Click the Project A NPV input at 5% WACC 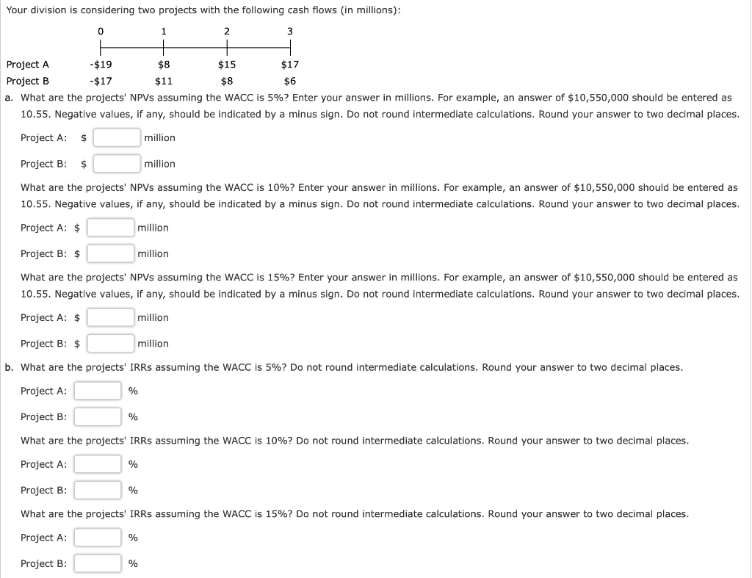pos(117,137)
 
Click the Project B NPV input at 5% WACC pos(117,164)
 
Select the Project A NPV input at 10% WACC pos(110,228)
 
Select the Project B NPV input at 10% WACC pos(110,253)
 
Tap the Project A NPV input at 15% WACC pos(110,317)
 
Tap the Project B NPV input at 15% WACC pos(110,343)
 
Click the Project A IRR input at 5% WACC pos(98,391)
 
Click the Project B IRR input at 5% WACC pos(98,417)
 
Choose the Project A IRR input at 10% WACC pos(98,464)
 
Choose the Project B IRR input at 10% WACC pos(98,490)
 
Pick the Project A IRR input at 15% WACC pos(98,538)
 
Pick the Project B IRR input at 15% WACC pos(98,563)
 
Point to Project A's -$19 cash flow pos(100,65)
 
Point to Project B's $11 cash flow pos(163,82)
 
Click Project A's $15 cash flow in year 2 pos(227,65)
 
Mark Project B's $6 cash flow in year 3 pos(290,82)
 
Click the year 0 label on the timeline pos(100,31)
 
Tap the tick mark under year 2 pos(227,48)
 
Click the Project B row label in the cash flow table pos(27,82)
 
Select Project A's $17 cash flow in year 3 pos(290,65)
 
